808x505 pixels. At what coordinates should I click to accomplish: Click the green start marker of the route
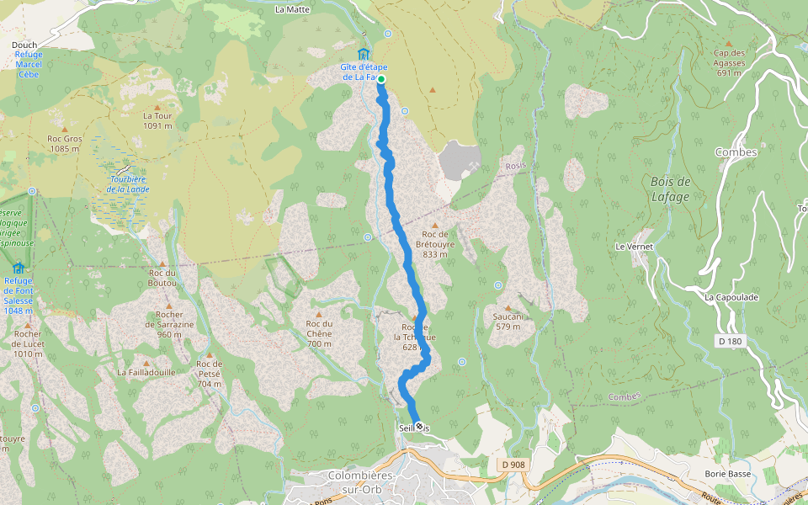(x=381, y=79)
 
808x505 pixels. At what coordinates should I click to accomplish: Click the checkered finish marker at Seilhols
(x=418, y=427)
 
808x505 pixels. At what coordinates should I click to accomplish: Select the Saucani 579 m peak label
(x=508, y=322)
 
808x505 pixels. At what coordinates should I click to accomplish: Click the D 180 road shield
(x=731, y=341)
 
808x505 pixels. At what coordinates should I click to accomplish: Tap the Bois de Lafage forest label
(x=670, y=189)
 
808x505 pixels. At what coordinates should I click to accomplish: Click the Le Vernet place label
(x=634, y=247)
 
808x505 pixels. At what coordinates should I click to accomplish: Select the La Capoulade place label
(x=731, y=297)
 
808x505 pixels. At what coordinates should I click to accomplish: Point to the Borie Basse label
(x=728, y=474)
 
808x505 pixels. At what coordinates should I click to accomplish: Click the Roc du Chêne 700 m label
(x=319, y=328)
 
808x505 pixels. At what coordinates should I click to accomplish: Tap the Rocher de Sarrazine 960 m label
(x=168, y=324)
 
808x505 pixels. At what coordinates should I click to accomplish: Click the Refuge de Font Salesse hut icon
(x=18, y=268)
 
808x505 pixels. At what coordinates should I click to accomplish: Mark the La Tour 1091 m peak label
(x=157, y=120)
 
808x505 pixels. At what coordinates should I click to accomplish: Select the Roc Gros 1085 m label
(x=64, y=144)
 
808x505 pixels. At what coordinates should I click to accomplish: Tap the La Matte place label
(x=293, y=10)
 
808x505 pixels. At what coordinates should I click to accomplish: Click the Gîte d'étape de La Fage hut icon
(x=363, y=54)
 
